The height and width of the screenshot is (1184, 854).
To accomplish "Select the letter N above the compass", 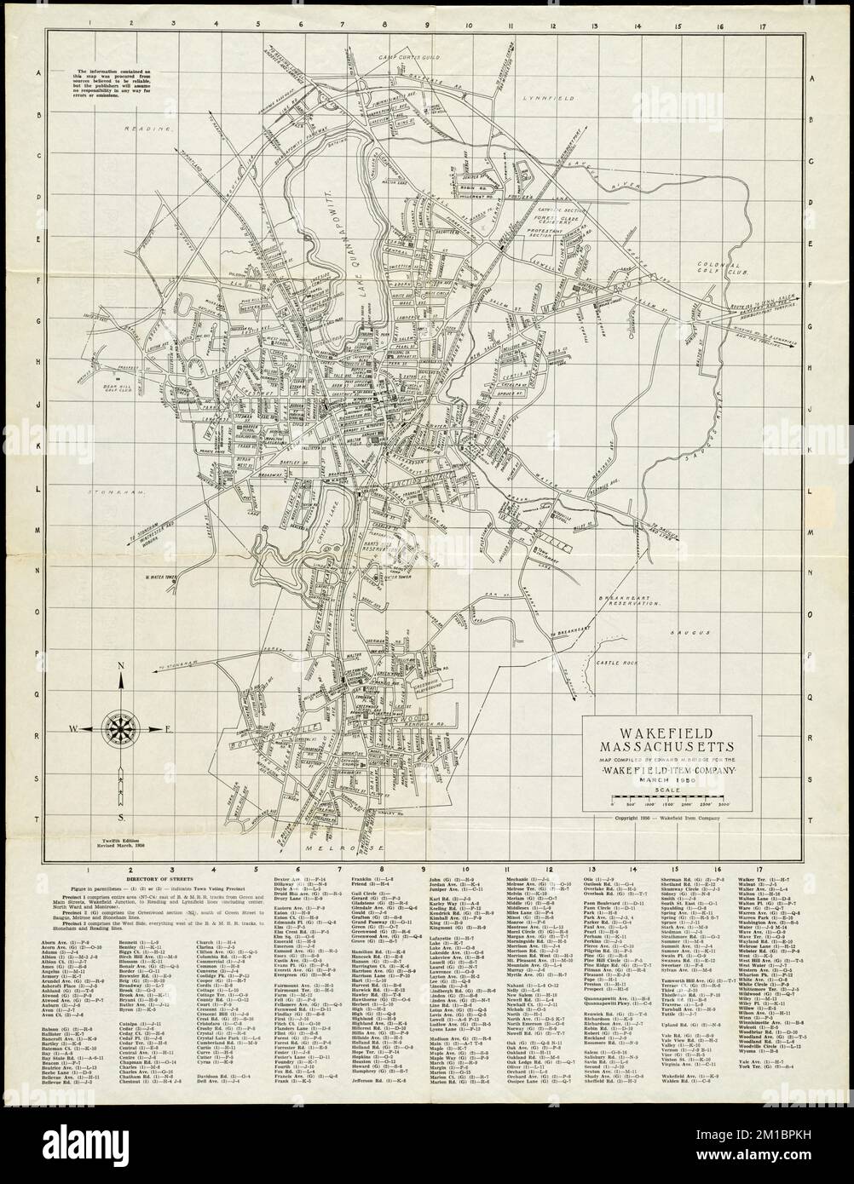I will [x=120, y=670].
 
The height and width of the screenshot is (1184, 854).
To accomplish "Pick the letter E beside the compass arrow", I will [x=168, y=728].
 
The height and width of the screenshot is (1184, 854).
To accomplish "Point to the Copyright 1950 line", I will [x=666, y=817].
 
